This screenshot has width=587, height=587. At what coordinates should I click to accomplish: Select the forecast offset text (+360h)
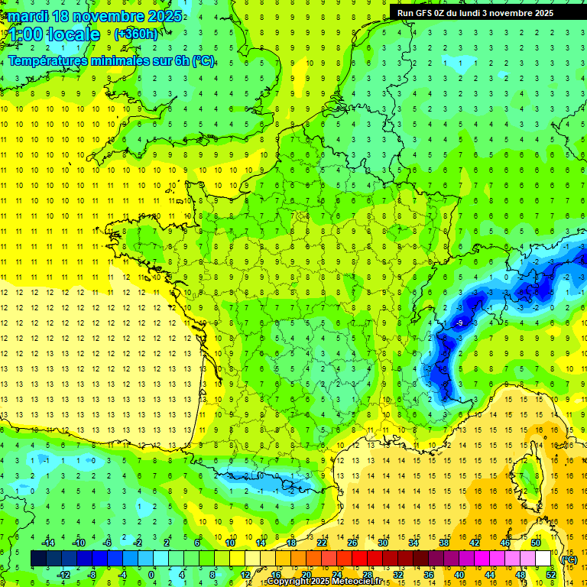tap(136, 34)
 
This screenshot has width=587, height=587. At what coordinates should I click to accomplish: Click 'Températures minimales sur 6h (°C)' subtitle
tap(111, 60)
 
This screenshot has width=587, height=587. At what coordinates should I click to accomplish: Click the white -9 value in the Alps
tap(459, 324)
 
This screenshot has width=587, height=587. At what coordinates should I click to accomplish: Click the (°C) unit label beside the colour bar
tap(569, 559)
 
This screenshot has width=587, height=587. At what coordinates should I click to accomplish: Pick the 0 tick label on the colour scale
tap(151, 575)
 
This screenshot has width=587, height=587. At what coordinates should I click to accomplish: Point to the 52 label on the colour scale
tap(550, 575)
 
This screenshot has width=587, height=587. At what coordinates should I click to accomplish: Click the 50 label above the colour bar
tap(535, 543)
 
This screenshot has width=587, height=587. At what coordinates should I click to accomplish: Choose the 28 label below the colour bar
tap(367, 575)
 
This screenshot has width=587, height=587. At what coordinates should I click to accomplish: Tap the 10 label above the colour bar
tap(229, 543)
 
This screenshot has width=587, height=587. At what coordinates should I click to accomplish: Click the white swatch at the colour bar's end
tap(543, 559)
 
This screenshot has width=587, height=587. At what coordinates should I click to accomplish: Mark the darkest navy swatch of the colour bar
tap(38, 559)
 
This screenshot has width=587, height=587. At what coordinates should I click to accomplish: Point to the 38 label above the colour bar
tap(443, 543)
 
